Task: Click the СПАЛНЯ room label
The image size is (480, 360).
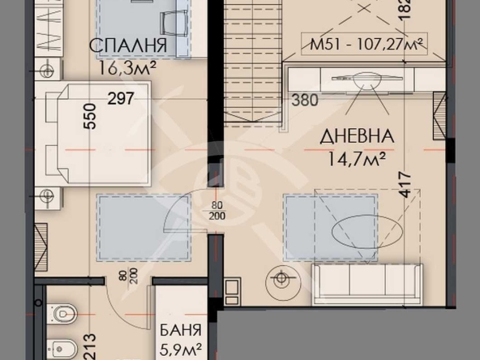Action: [128, 47]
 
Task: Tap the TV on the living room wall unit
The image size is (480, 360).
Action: [357, 80]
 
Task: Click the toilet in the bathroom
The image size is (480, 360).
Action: [63, 313]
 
